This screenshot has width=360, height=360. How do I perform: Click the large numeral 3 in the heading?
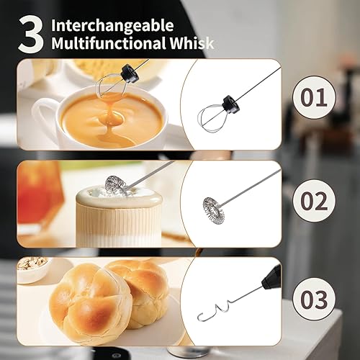[x=31, y=35]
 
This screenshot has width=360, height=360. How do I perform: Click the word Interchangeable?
[x=112, y=26]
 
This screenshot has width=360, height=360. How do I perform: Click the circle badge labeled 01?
[x=314, y=97]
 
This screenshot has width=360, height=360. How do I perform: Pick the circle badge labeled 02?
[x=314, y=200]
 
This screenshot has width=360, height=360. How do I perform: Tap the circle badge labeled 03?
[x=314, y=299]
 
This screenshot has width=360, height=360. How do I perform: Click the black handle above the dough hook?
[x=271, y=276]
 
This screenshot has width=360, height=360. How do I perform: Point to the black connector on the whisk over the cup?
[x=130, y=74]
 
